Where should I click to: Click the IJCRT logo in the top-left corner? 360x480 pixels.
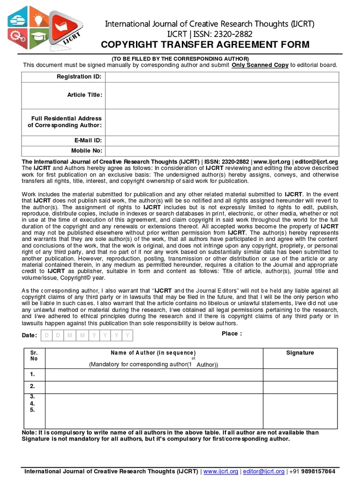pos(45,28)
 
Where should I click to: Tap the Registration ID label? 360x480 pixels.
pos(79,76)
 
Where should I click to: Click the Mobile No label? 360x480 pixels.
pos(86,150)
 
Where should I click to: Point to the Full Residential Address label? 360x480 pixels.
pos(66,122)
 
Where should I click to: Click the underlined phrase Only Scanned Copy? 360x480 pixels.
pos(260,65)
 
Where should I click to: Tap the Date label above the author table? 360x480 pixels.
pos(29,336)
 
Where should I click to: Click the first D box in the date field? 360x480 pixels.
pos(46,336)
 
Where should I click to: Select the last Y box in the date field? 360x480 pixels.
pos(127,336)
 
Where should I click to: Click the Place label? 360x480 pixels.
pos(232,334)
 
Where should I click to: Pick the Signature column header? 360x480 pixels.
pos(300,353)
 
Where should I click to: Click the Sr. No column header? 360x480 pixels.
pos(33,356)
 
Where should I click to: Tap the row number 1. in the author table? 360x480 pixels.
pos(32,374)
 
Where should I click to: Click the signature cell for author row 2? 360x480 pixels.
pos(300,387)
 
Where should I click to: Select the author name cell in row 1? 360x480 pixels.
pos(154,375)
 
